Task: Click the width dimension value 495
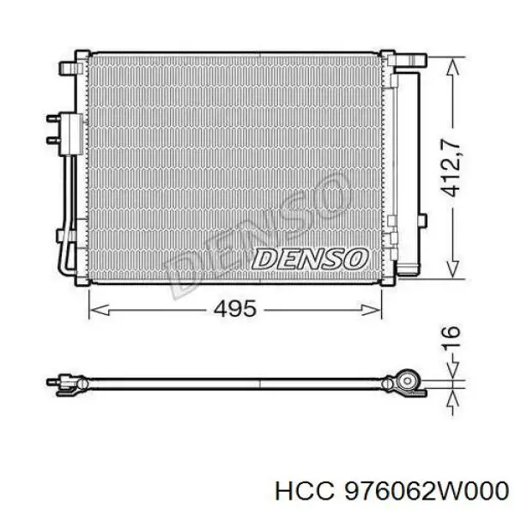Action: pyautogui.click(x=234, y=309)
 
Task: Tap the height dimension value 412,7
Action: pyautogui.click(x=450, y=167)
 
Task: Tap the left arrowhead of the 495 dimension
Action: pyautogui.click(x=99, y=310)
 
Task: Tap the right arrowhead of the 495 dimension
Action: pyautogui.click(x=372, y=310)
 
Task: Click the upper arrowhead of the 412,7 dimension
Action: pyautogui.click(x=452, y=67)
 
